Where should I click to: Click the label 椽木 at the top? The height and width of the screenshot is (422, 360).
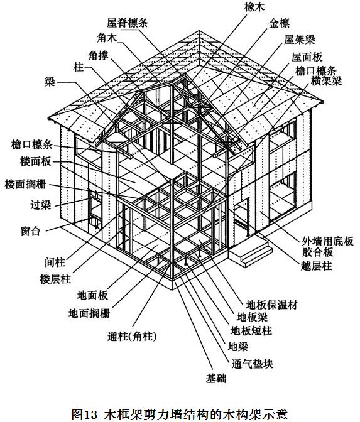[x=254, y=7]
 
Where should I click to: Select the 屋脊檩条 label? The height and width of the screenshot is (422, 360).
[x=128, y=23]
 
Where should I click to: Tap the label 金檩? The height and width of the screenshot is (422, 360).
[x=279, y=24]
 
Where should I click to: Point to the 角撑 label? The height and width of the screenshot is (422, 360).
[x=98, y=56]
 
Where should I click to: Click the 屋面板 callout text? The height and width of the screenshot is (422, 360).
[x=307, y=57]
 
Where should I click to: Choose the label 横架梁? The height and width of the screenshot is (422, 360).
[x=326, y=80]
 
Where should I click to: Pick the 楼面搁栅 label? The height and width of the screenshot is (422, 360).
[x=26, y=185]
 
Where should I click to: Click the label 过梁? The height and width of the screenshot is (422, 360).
[x=40, y=205]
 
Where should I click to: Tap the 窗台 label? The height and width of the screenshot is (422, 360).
[x=30, y=231]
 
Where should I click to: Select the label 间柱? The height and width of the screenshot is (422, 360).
[x=55, y=262]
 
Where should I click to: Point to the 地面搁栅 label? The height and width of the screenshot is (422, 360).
[x=89, y=313]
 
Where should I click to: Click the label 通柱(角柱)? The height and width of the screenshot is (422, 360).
[x=132, y=337]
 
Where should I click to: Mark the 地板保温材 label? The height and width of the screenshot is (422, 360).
[x=271, y=305]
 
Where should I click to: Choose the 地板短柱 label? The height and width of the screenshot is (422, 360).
[x=251, y=330]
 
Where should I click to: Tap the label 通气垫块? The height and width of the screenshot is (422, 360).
[x=253, y=364]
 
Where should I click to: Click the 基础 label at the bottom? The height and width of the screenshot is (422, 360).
[x=216, y=379]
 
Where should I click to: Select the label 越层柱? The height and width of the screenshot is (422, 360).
[x=316, y=266]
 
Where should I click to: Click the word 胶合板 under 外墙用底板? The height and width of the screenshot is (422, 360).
[x=318, y=252]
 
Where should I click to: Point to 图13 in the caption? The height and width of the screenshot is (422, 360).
[x=84, y=414]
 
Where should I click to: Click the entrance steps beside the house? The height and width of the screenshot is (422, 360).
[x=250, y=252]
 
